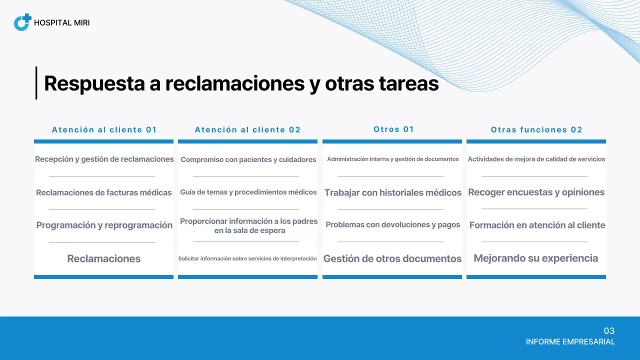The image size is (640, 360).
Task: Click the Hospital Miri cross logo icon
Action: pos(22,22)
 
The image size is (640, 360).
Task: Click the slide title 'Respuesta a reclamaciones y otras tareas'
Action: pos(241,83)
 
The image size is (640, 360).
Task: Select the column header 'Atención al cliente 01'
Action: pos(104,130)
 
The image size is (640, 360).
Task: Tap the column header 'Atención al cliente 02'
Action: pos(248,130)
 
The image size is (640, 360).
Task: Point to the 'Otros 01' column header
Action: pos(393,129)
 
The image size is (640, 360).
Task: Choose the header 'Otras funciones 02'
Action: pos(536,130)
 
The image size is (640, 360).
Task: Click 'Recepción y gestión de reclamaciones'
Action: pos(104,159)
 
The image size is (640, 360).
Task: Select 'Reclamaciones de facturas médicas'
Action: pos(104,192)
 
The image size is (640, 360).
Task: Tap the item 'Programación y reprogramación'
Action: pos(104,225)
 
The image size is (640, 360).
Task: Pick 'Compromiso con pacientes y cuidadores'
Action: pos(248,159)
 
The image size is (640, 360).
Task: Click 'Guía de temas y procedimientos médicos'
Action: pos(248,192)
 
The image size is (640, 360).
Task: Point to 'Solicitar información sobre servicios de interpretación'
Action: pos(247,258)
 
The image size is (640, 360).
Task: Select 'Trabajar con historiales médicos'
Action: pos(392,192)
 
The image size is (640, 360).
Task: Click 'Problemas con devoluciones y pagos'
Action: pos(392,224)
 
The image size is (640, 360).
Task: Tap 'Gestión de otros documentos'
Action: pos(392,258)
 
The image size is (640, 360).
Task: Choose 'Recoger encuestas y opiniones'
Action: pos(536,192)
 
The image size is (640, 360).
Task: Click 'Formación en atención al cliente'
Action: pos(537,225)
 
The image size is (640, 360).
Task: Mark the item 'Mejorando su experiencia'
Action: pos(535,258)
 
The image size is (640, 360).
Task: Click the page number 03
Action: pos(609,331)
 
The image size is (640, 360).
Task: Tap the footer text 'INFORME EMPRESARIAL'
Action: pos(570,342)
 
